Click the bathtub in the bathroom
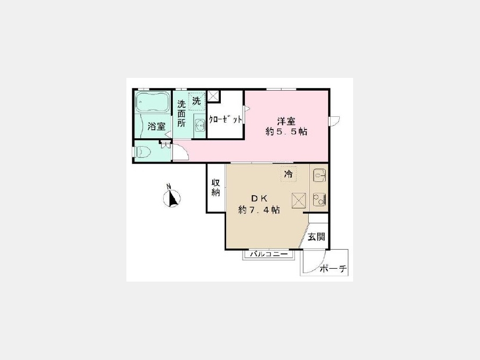point(153,102)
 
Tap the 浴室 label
point(157,126)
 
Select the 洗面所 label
point(181,113)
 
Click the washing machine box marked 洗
point(196,101)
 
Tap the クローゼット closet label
point(225,119)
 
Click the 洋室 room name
point(286,122)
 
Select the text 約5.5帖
point(286,132)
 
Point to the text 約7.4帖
point(259,210)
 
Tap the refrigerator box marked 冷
point(289,174)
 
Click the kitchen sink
point(319,175)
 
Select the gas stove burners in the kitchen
point(319,199)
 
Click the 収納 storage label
point(216,187)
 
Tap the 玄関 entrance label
point(316,237)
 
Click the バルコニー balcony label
point(269,254)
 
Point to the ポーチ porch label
point(333,269)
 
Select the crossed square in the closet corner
point(213,96)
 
